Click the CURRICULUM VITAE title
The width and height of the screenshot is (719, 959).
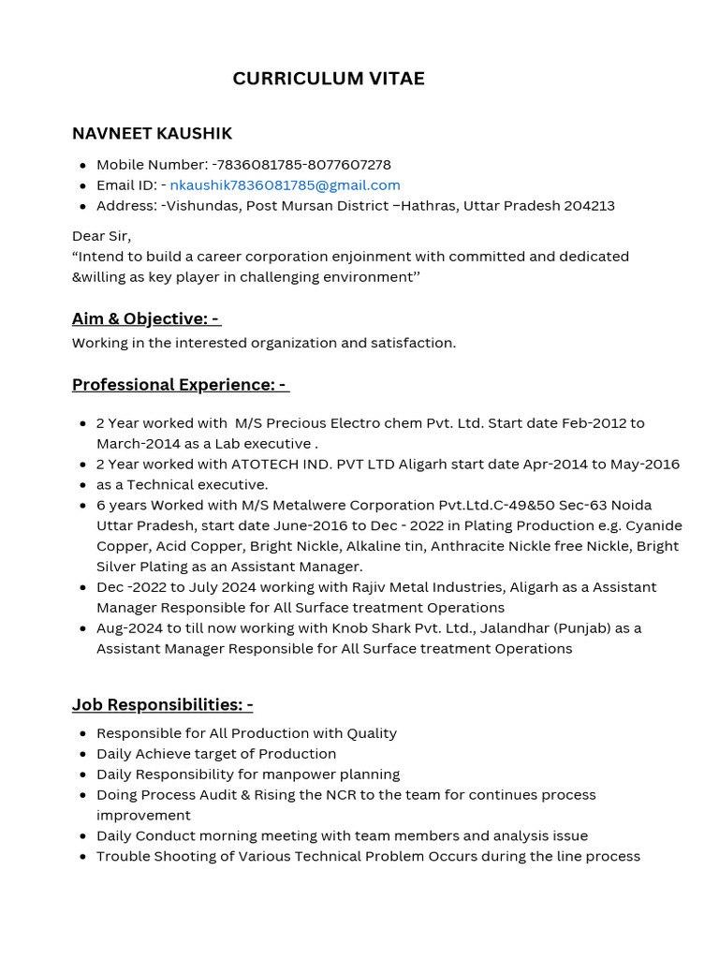[329, 79]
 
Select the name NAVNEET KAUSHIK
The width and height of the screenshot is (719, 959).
[152, 134]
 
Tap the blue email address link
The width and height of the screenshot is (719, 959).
[285, 185]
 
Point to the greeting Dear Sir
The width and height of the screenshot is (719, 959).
[101, 236]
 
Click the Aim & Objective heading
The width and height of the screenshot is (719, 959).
[145, 319]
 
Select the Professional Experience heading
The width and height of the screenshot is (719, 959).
[180, 385]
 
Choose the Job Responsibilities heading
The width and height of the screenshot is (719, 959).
[162, 705]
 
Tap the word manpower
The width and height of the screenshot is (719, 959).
[314, 775]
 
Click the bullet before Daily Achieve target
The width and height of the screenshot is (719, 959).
[85, 754]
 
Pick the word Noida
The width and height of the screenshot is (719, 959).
[631, 506]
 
